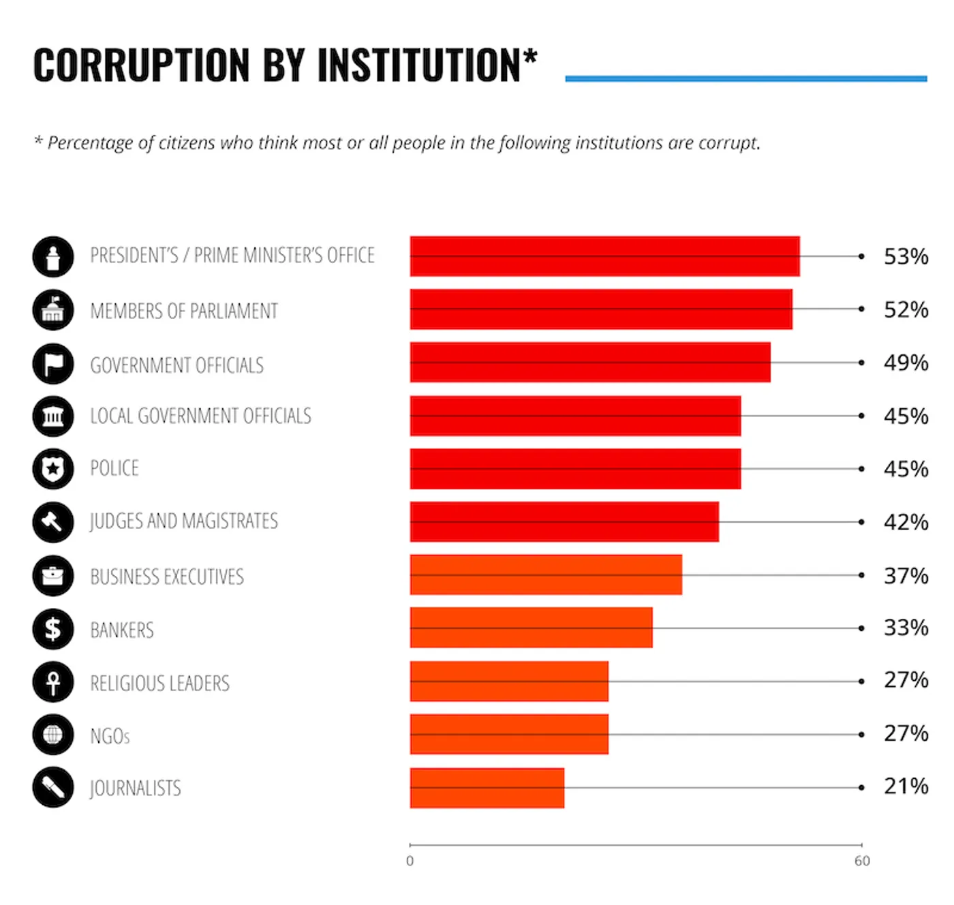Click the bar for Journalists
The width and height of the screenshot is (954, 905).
487,788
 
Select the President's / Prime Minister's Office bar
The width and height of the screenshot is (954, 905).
604,256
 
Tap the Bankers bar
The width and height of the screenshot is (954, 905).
531,628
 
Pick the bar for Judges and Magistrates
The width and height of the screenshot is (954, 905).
564,522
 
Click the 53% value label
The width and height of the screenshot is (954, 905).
905,257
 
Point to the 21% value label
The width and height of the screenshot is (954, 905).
905,786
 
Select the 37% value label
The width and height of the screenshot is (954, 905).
905,576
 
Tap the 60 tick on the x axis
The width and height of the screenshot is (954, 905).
862,861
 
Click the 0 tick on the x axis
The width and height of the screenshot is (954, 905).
410,861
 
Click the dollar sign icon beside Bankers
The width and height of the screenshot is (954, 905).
53,628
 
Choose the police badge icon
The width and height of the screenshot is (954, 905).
53,469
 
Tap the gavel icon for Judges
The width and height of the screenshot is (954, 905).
53,522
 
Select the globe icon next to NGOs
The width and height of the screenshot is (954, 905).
53,735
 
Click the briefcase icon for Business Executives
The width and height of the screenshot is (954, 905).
53,576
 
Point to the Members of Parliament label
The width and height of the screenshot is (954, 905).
184,311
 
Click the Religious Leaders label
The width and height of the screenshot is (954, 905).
159,683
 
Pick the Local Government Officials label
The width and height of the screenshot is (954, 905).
200,416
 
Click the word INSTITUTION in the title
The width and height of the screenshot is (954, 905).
418,65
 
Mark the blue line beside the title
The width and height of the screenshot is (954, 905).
745,79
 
